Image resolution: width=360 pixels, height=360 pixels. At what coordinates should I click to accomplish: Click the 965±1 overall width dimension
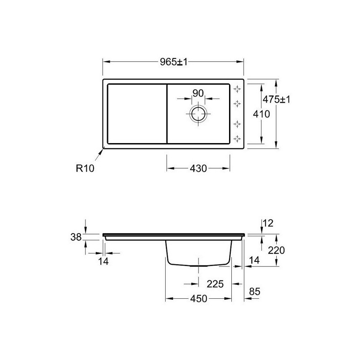click(174, 62)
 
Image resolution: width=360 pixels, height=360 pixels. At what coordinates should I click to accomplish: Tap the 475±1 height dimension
click(276, 99)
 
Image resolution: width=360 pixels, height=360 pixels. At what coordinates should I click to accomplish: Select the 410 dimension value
click(261, 114)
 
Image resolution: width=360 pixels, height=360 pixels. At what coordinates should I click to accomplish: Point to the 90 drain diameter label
click(198, 94)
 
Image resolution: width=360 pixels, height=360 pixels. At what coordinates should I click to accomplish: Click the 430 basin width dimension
click(198, 168)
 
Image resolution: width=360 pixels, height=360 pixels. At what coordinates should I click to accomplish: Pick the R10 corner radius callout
click(85, 168)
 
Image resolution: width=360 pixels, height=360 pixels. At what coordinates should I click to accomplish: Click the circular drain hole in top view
click(198, 114)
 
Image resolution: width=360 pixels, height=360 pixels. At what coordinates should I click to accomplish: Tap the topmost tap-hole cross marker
click(237, 89)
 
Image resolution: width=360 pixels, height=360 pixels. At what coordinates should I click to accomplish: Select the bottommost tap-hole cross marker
click(237, 139)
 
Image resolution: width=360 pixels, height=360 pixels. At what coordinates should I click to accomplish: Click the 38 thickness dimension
click(76, 237)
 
